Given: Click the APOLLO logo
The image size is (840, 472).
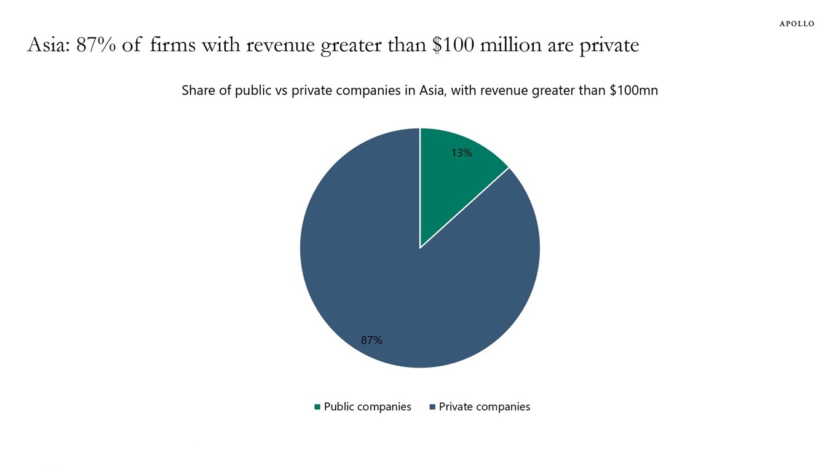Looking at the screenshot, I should pyautogui.click(x=796, y=24).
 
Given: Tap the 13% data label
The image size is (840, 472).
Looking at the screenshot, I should pyautogui.click(x=462, y=153).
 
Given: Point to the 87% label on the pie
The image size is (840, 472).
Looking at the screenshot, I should pyautogui.click(x=371, y=340).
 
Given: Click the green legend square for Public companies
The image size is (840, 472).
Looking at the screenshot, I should pyautogui.click(x=317, y=407).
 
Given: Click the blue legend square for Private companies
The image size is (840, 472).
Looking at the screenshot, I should pyautogui.click(x=432, y=407).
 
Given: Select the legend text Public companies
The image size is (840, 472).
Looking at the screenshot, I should pyautogui.click(x=367, y=407).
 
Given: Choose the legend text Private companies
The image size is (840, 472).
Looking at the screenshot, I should pyautogui.click(x=484, y=407).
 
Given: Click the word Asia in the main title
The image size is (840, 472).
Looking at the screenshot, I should pyautogui.click(x=48, y=45).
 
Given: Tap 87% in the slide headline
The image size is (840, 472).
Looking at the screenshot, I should pyautogui.click(x=96, y=45).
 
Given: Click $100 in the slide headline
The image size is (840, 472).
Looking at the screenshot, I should pyautogui.click(x=453, y=45).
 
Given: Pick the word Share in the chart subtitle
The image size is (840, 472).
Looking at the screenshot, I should pyautogui.click(x=198, y=90).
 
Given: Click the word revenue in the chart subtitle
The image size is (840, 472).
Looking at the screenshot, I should pyautogui.click(x=502, y=90).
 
